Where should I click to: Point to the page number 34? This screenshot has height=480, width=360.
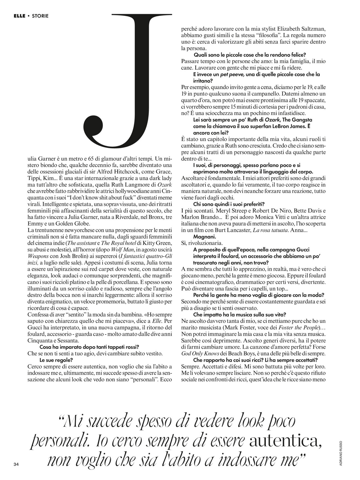(x=16, y=464)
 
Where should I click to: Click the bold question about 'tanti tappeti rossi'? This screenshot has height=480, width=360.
(x=89, y=347)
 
